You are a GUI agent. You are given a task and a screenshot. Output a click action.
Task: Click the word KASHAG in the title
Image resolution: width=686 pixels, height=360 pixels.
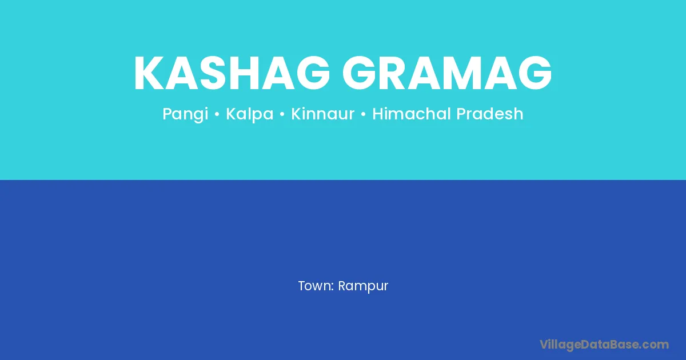(232, 73)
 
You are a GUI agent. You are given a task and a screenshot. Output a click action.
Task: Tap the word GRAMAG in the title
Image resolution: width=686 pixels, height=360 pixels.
(447, 73)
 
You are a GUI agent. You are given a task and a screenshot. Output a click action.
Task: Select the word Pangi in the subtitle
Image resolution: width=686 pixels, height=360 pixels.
(185, 114)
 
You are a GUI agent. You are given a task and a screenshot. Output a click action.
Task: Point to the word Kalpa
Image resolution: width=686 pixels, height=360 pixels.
(250, 114)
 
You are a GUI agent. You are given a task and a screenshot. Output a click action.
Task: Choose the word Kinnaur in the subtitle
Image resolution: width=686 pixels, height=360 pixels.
(322, 114)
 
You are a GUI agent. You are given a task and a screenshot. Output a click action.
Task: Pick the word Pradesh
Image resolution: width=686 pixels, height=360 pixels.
(490, 114)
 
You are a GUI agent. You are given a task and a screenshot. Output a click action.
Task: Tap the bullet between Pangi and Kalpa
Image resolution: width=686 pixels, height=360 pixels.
(217, 114)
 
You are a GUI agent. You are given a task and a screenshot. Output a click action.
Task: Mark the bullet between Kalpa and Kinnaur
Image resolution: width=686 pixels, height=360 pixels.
(282, 114)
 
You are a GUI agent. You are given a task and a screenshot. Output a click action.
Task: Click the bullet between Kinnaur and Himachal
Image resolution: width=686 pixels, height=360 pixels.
(363, 114)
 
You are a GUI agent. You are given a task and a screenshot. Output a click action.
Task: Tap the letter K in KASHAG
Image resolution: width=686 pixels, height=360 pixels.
(150, 73)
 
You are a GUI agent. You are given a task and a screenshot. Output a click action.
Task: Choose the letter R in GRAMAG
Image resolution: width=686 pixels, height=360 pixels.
(397, 73)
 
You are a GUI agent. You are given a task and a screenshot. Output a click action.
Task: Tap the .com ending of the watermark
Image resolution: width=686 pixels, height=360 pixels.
(653, 345)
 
